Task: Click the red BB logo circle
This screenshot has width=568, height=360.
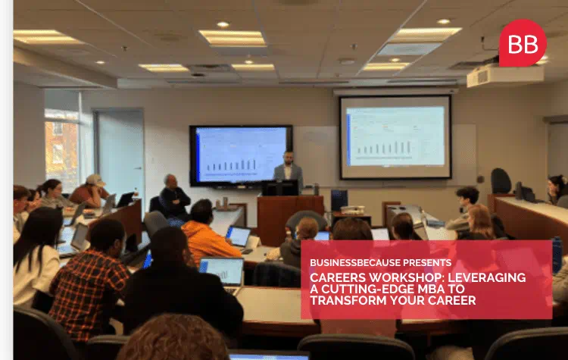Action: point(523,42)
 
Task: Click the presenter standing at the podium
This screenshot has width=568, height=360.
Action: point(287,170)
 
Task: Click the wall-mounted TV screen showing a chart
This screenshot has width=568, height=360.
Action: point(241,155)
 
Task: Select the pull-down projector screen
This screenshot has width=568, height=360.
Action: point(395,136)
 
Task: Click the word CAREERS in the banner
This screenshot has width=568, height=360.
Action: point(335,277)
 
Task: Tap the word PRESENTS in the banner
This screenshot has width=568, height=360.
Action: point(426,262)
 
